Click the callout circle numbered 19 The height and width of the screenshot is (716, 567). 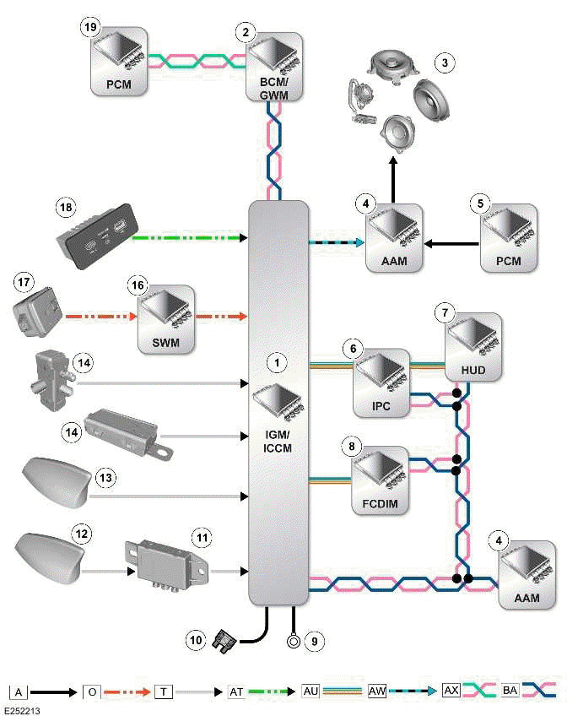[90, 27]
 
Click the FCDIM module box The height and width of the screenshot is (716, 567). [381, 475]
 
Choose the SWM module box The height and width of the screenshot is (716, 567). [166, 317]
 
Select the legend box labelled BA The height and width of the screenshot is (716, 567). [510, 692]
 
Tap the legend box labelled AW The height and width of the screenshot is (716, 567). [378, 692]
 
